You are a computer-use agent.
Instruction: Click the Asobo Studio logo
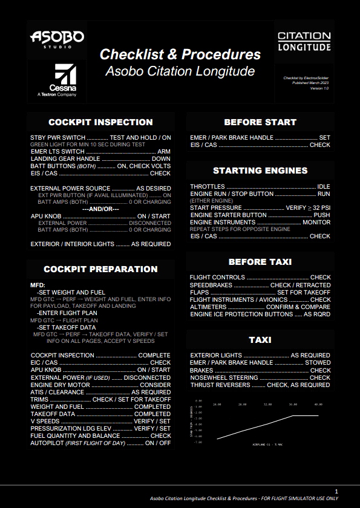tap(57, 39)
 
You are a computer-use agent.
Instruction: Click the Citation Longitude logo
tap(304, 41)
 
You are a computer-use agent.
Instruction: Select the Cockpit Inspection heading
tap(100, 122)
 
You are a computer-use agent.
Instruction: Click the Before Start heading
tap(260, 122)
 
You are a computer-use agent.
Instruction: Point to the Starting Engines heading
tap(260, 171)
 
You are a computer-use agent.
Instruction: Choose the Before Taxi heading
tap(260, 262)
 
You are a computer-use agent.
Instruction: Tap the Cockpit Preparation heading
tap(100, 269)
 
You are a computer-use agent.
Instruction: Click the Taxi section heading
tap(260, 340)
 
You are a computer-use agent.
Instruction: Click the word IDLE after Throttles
tap(324, 187)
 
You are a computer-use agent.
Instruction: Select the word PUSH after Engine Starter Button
tap(322, 215)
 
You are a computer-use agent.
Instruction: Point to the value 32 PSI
tap(321, 208)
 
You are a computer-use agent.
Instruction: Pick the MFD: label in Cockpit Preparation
tap(38, 285)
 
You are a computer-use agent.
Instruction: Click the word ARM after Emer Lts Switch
tap(164, 152)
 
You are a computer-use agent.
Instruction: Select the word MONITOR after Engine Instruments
tap(316, 223)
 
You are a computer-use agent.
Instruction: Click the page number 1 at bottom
tap(336, 492)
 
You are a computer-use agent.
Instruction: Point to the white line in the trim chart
tap(260, 426)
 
